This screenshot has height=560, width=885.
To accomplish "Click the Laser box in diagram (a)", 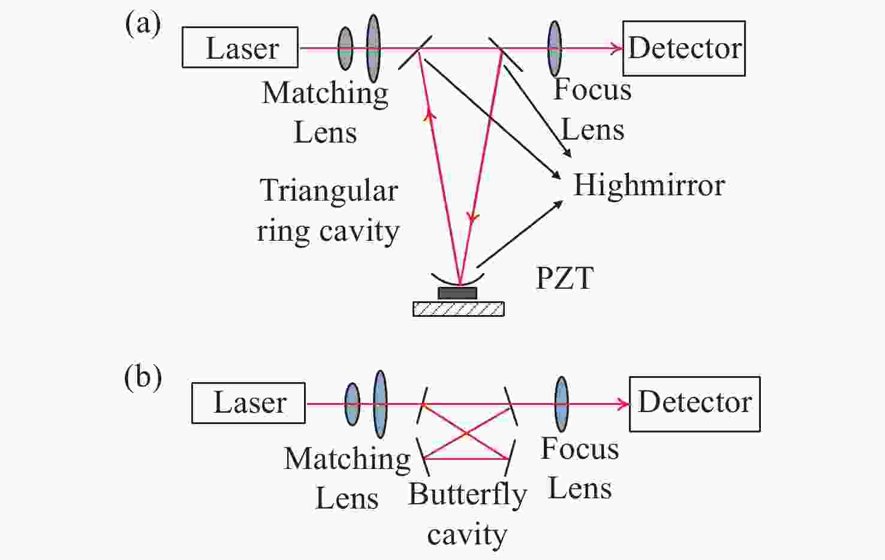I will [240, 47].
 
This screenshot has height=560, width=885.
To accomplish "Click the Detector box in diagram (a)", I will [684, 49].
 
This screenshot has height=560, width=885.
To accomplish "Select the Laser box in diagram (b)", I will [248, 403].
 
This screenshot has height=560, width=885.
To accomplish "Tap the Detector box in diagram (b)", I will [694, 404].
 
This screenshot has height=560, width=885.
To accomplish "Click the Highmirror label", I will [649, 185].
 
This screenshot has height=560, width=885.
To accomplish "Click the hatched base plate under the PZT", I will [458, 309].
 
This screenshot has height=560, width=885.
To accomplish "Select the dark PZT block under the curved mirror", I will [457, 293].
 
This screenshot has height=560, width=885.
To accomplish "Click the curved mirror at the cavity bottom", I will [457, 281].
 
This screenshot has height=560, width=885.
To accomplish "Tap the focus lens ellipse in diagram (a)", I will [555, 49].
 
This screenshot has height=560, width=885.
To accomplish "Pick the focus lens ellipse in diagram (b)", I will [561, 404].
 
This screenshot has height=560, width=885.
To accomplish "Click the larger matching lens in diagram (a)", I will [373, 48].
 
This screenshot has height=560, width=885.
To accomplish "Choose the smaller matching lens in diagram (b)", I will [352, 404].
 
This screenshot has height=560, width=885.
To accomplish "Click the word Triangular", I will [329, 191].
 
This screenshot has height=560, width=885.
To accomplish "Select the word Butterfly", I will [467, 495].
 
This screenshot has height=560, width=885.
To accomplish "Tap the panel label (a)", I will [143, 24].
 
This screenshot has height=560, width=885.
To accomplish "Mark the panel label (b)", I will [143, 378].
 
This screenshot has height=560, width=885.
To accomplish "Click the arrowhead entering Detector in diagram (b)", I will [624, 404].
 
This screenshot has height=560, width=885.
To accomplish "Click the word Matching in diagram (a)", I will [325, 93].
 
